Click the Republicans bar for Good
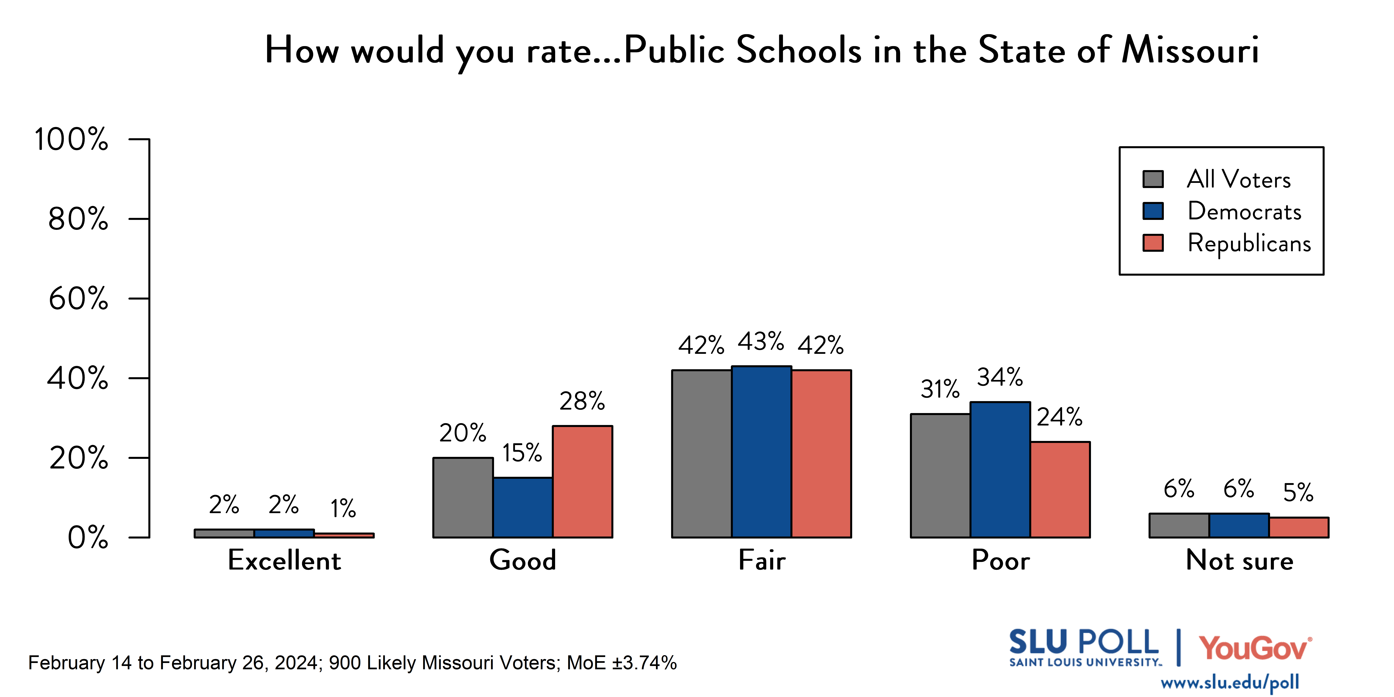click(582, 482)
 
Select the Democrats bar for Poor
click(1000, 470)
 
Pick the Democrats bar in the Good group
click(523, 508)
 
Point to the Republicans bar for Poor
click(1060, 490)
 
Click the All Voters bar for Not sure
click(1179, 525)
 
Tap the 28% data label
click(582, 401)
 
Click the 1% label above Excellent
click(343, 508)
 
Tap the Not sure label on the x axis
click(1239, 560)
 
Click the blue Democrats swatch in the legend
click(1153, 211)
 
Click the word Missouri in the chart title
click(1191, 50)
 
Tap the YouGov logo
click(1255, 648)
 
